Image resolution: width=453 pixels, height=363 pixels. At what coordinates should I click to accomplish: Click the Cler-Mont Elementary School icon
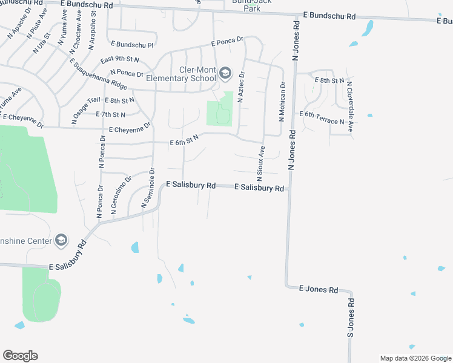click(225, 74)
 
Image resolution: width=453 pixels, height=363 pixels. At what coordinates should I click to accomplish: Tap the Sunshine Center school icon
click(61, 240)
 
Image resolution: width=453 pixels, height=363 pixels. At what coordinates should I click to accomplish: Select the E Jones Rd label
click(319, 290)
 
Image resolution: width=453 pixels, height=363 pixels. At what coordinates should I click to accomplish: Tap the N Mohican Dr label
click(282, 102)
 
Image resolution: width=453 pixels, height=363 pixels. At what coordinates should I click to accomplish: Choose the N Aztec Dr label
click(241, 87)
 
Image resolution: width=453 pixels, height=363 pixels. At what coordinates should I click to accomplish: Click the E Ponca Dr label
click(227, 42)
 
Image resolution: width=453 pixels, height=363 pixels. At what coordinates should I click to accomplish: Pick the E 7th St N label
click(110, 114)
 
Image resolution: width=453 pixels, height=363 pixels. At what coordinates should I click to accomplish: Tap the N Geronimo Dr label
click(121, 195)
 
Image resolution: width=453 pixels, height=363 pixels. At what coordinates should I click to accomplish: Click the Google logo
click(20, 356)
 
